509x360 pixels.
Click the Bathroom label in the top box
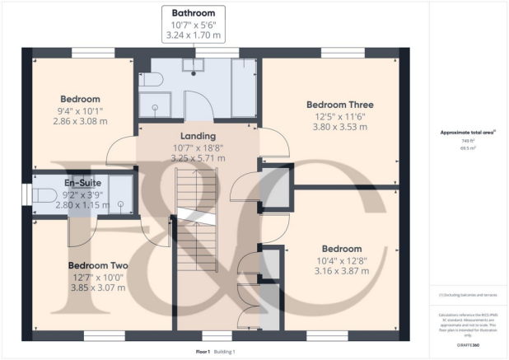[x=193, y=13]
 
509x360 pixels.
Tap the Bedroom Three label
[x=339, y=105]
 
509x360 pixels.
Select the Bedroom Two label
[x=97, y=265]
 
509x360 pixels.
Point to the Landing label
[x=197, y=136]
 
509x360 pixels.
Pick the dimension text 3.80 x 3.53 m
[x=339, y=128]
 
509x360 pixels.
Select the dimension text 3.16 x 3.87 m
[x=341, y=272]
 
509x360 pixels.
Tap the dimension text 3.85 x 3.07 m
[x=97, y=288]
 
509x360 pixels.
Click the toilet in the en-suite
[x=45, y=195]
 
